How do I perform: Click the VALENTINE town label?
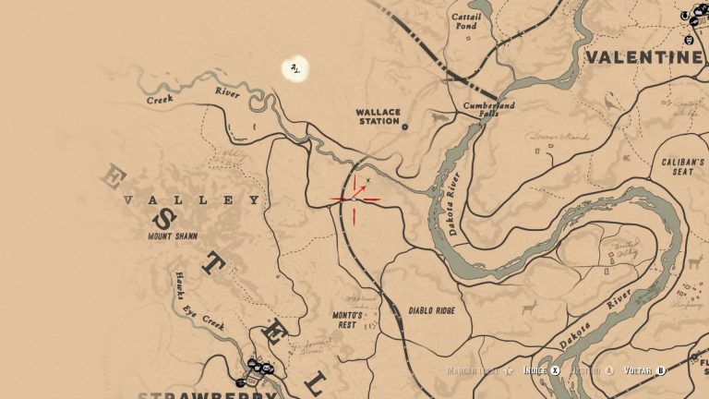pyautogui.click(x=643, y=58)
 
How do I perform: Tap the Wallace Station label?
pyautogui.click(x=379, y=116)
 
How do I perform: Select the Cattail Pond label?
pyautogui.click(x=465, y=21)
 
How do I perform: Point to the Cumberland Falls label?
pyautogui.click(x=487, y=109)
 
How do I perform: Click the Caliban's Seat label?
pyautogui.click(x=683, y=165)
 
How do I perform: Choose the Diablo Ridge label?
pyautogui.click(x=431, y=311)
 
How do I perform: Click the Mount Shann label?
pyautogui.click(x=173, y=236)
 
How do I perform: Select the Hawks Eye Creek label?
pyautogui.click(x=198, y=298)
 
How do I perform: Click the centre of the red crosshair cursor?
pyautogui.click(x=354, y=198)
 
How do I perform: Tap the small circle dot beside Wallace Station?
pyautogui.click(x=404, y=127)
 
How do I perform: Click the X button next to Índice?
pyautogui.click(x=556, y=370)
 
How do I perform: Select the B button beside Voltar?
pyautogui.click(x=660, y=370)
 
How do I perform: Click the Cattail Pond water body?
pyautogui.click(x=462, y=42)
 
